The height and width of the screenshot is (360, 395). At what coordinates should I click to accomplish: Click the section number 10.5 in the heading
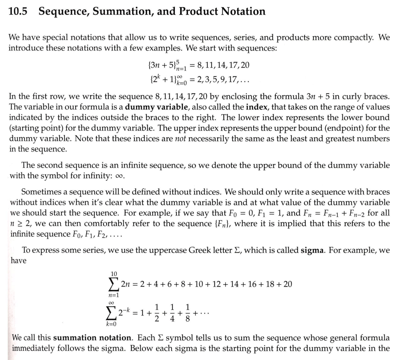(17, 12)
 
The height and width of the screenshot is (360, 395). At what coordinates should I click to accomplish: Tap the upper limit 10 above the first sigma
(114, 274)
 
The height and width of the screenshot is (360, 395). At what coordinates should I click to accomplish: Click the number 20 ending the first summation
(288, 284)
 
